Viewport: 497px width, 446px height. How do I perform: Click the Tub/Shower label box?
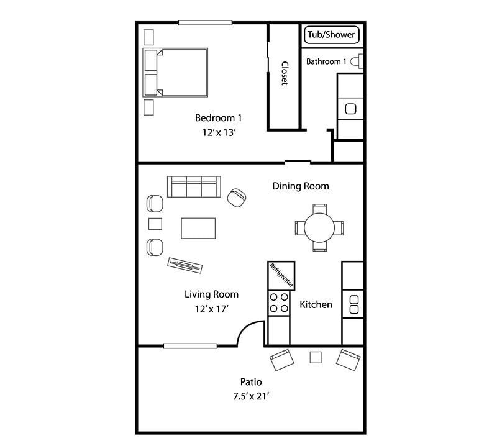332,35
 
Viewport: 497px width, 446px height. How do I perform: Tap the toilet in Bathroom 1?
356,61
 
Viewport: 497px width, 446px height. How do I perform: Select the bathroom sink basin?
350,109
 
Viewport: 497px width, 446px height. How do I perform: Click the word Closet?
285,73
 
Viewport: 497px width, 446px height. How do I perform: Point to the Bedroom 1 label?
218,117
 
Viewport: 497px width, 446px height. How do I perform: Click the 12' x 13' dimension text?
218,132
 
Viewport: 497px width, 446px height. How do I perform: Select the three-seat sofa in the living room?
193,186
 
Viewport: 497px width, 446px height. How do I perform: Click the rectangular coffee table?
199,228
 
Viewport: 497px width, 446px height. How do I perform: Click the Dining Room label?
301,186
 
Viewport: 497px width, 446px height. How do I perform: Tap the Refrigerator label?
281,276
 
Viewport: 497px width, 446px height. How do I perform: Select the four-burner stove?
278,303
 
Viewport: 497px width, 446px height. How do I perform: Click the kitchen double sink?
353,304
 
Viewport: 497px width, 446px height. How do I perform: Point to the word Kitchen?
316,304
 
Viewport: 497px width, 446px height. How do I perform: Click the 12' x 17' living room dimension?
212,309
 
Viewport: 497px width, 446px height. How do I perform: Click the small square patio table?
316,357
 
